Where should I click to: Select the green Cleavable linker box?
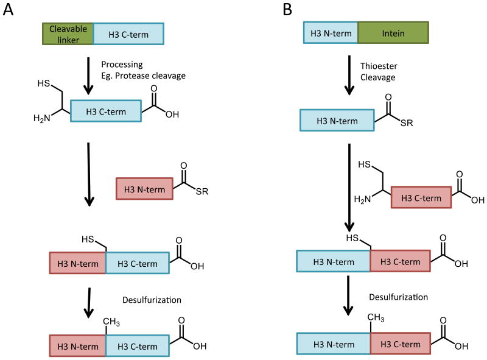click(68, 34)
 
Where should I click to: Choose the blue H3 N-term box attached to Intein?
click(331, 34)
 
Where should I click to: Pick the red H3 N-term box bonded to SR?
click(144, 189)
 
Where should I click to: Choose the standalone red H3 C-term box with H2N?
click(421, 199)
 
